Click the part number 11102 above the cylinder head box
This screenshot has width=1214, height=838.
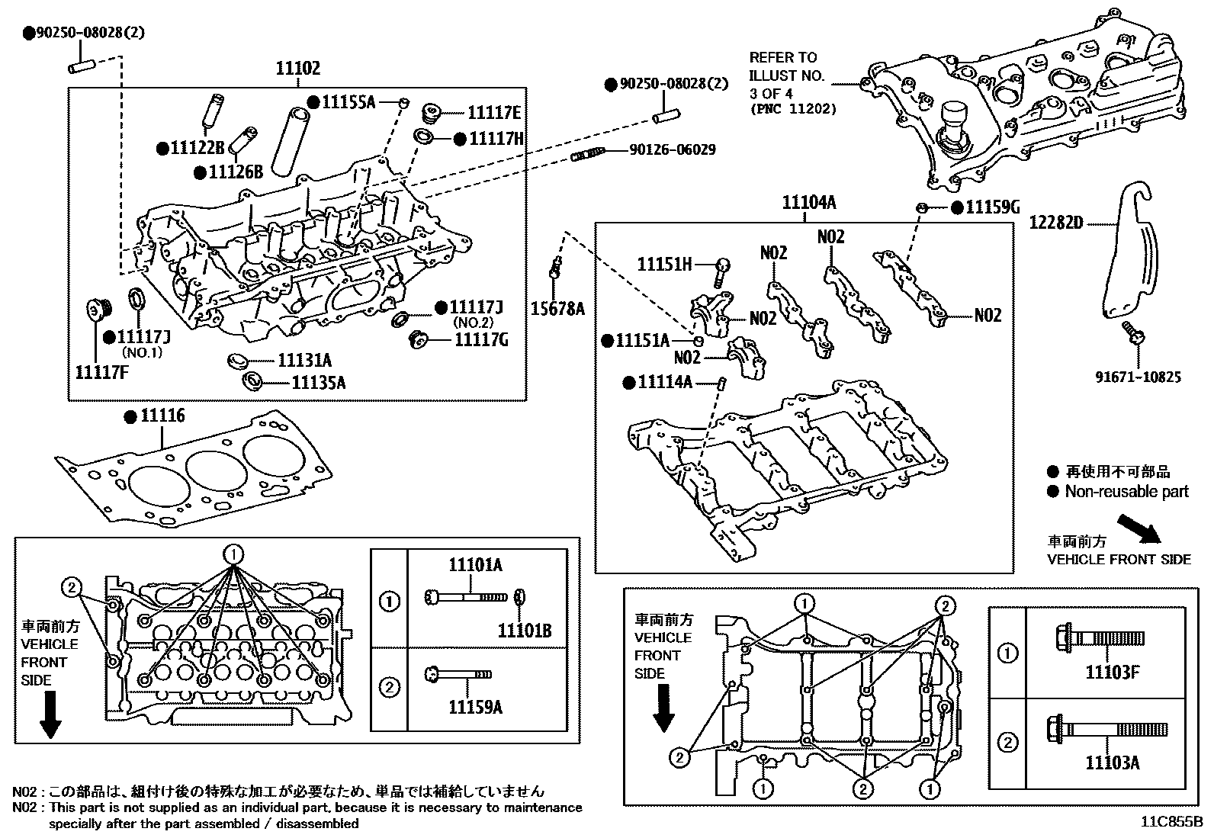click(x=297, y=69)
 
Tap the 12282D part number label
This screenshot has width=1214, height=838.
click(x=1055, y=223)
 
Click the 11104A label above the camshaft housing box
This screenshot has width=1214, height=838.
click(x=808, y=203)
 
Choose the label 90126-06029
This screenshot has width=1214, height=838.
click(x=672, y=150)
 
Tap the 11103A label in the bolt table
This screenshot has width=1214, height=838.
click(x=1113, y=762)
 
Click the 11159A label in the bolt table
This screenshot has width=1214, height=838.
click(x=475, y=707)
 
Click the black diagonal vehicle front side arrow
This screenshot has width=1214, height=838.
click(x=1139, y=528)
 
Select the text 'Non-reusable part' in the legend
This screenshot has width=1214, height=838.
click(x=1126, y=492)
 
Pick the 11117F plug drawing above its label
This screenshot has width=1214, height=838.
click(x=97, y=310)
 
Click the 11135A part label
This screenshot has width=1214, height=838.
click(x=318, y=382)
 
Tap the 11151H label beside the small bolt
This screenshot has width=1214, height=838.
click(x=664, y=265)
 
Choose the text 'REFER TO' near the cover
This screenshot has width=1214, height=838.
click(x=782, y=57)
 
